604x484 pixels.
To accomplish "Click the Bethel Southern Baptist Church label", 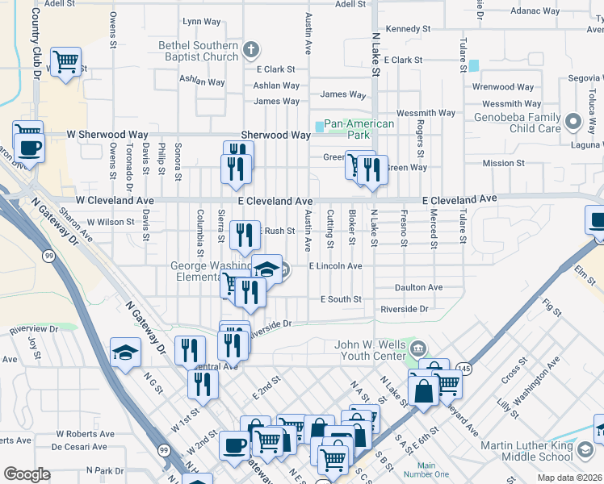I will (198, 51).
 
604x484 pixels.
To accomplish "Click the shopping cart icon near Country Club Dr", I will (65, 60).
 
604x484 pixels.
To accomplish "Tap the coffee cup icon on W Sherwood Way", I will (29, 148).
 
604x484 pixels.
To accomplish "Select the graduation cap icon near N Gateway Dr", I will (125, 353).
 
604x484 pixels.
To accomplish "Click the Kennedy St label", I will (407, 28).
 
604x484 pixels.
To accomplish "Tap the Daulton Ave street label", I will (419, 287).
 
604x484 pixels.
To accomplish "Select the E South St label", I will (341, 299).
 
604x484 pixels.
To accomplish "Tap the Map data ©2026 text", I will (570, 478).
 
